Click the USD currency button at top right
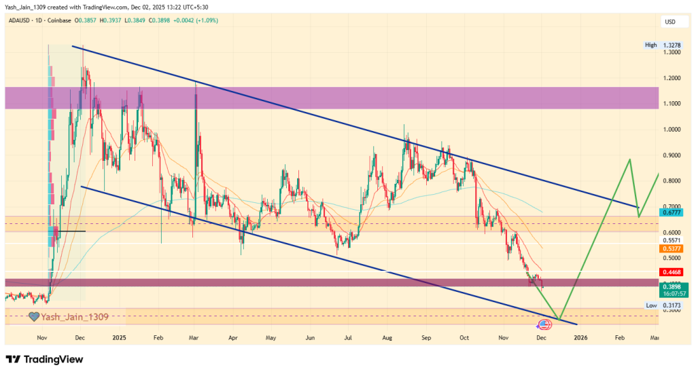point(669,22)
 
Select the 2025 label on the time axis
point(120,337)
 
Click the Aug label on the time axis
point(387,337)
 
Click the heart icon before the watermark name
point(34,316)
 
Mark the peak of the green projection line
point(630,160)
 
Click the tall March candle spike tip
point(196,82)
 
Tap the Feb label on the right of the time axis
point(619,337)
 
